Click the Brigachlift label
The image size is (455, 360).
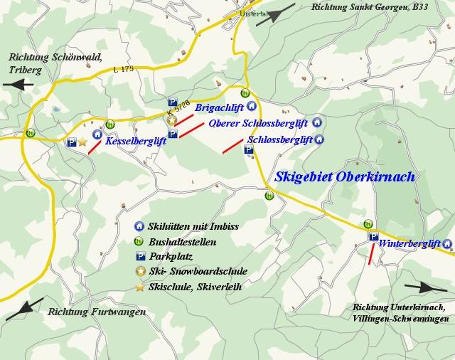pos(219,108)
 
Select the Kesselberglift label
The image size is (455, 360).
pos(135,142)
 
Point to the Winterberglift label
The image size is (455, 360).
pos(409,243)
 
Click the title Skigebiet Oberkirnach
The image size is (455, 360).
pos(345,176)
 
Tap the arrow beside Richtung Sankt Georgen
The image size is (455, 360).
pos(275,14)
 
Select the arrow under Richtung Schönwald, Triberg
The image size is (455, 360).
pos(18,84)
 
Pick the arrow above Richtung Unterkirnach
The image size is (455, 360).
pos(431,287)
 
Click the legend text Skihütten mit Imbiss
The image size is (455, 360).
pos(194,227)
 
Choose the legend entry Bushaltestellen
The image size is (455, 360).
pos(183,242)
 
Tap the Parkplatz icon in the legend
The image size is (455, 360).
pos(139,256)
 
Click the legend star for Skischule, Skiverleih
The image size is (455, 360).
pos(139,286)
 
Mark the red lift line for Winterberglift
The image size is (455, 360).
pos(370,254)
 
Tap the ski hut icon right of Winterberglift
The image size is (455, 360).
pos(447,244)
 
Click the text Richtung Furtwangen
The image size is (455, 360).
pos(97,312)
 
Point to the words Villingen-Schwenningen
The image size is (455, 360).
pos(400,319)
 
